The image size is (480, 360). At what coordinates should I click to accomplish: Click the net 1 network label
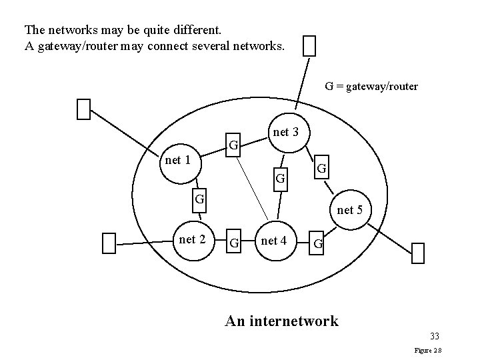[x=178, y=160]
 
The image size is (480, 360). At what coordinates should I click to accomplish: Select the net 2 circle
[x=193, y=239]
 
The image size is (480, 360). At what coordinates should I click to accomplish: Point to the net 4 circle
[x=274, y=241]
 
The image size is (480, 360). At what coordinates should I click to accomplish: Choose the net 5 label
[x=350, y=210]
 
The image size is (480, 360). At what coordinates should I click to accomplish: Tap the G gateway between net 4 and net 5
[x=319, y=244]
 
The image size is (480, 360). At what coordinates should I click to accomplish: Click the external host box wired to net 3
[x=309, y=45]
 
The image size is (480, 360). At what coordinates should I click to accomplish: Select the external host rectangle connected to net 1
[x=83, y=109]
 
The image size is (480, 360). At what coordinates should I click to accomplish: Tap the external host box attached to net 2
[x=109, y=243]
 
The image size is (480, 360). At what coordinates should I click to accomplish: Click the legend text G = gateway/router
[x=371, y=86]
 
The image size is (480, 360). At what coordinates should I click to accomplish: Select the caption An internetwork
[x=281, y=321]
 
